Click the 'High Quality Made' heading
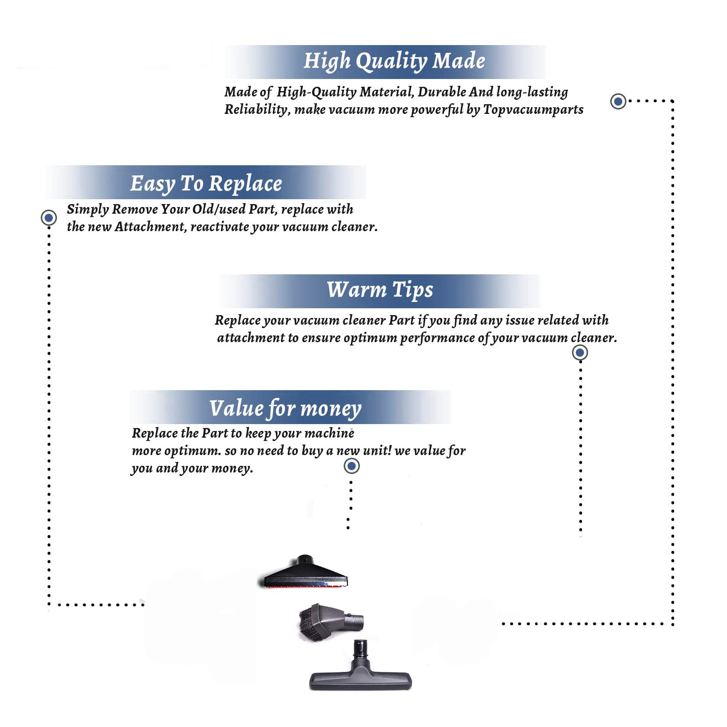tap(394, 61)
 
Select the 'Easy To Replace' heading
tap(206, 184)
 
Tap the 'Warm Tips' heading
tap(379, 290)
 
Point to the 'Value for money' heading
tap(285, 408)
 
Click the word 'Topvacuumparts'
tap(533, 110)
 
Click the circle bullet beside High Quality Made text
tap(618, 101)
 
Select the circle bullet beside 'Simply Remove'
tap(48, 218)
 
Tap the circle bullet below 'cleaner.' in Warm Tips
tap(580, 352)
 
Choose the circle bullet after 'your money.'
tap(351, 466)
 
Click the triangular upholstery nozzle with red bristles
tap(305, 573)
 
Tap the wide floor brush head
tap(360, 680)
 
